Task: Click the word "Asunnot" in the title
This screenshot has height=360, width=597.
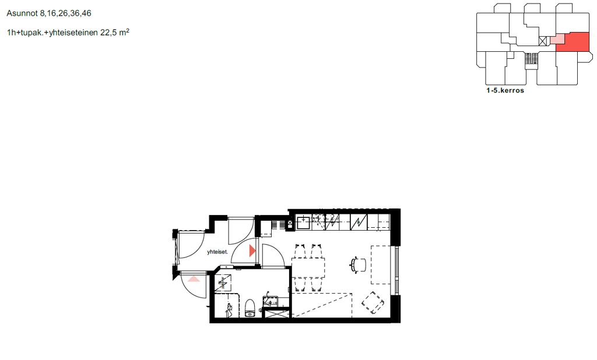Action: [22, 13]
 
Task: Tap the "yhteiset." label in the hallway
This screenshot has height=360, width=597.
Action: [217, 252]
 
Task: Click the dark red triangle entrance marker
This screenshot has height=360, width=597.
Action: [252, 251]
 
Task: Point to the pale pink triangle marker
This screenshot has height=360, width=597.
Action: [194, 279]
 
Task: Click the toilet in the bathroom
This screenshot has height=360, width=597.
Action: [250, 308]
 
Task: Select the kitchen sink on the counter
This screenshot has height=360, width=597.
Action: [304, 223]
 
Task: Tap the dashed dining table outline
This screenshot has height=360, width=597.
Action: [308, 268]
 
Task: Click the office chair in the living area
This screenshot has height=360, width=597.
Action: [358, 264]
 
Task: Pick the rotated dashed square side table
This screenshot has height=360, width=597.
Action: [373, 302]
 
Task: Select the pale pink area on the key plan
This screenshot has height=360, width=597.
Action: [557, 39]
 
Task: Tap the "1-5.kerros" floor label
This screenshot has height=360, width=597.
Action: [505, 90]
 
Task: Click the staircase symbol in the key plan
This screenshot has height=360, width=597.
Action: [531, 59]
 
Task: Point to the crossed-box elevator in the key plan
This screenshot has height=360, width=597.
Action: [543, 41]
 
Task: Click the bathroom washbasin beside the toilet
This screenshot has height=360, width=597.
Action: [271, 301]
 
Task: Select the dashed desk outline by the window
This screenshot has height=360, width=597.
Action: [381, 265]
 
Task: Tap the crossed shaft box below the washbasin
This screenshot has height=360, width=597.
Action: [277, 314]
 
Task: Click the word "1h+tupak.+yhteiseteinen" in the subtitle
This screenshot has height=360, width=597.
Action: [52, 33]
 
